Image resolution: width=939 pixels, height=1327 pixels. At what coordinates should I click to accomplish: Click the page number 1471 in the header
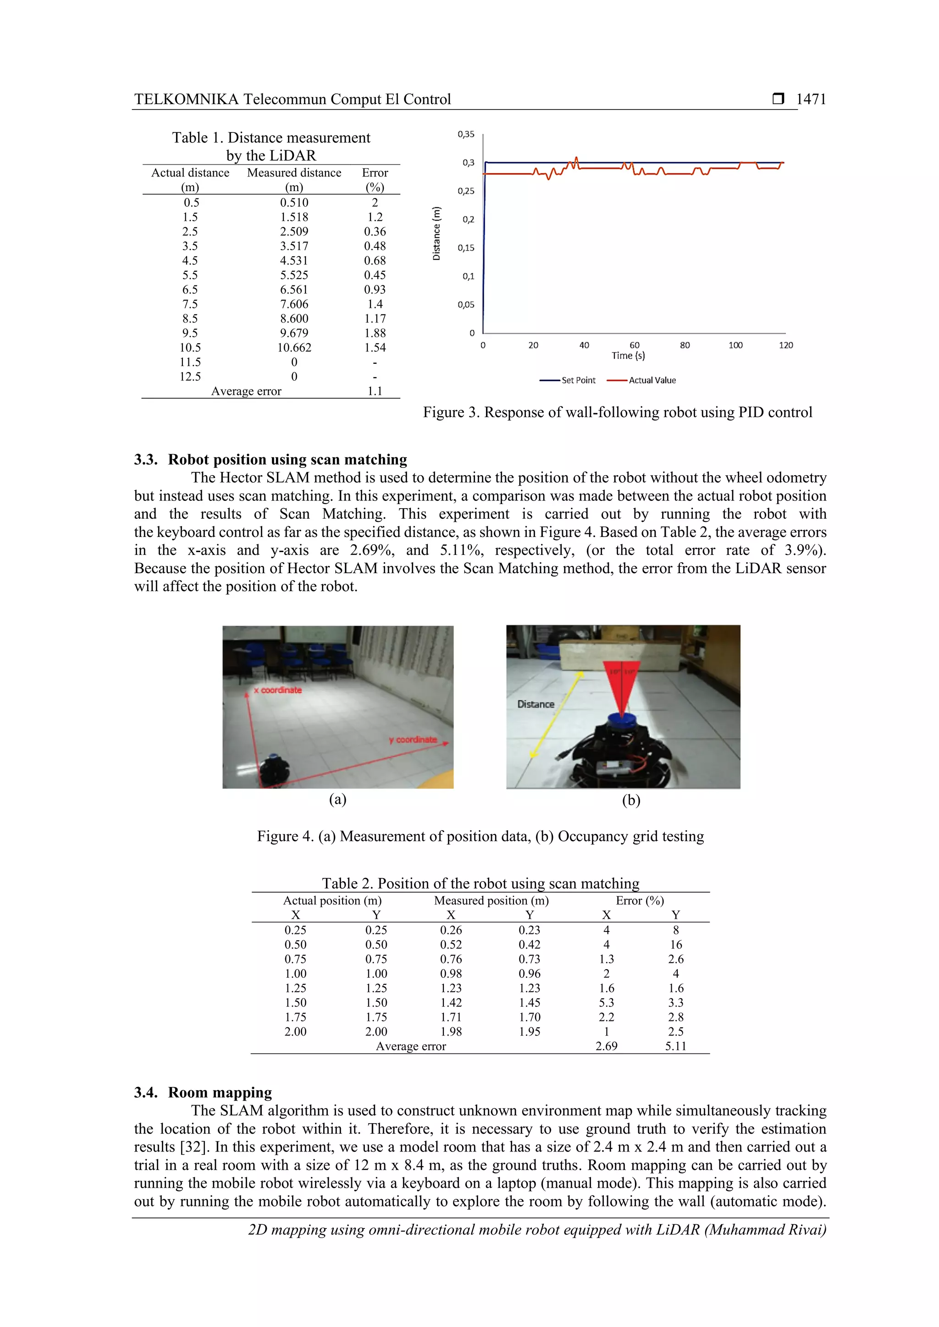coord(811,99)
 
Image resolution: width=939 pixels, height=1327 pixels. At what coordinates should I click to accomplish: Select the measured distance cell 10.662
coord(294,348)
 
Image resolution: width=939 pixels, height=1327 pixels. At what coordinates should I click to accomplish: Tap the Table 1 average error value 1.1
coord(375,391)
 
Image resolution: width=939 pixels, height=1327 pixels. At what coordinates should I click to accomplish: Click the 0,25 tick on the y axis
coord(466,191)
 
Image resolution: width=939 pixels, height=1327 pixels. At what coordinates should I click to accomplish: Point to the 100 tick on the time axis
coord(735,345)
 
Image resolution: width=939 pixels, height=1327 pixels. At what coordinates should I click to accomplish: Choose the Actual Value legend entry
coord(642,380)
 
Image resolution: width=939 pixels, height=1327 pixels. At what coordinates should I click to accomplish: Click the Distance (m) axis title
coord(436,234)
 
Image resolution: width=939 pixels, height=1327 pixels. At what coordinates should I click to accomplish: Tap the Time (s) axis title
coord(628,356)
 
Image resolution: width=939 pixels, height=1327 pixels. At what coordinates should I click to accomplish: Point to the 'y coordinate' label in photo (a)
coord(413,740)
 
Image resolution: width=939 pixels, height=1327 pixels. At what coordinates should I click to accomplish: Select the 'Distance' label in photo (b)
coord(536,705)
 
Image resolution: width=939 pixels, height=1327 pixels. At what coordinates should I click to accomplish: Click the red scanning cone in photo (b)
coord(622,688)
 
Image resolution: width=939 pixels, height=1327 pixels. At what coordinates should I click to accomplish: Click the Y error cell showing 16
coord(675,945)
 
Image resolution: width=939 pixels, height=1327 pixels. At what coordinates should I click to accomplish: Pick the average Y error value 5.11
coord(675,1046)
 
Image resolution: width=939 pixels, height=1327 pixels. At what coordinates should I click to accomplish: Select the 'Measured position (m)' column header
coord(491,900)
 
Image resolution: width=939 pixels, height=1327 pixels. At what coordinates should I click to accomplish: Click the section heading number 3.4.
coord(146,1092)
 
